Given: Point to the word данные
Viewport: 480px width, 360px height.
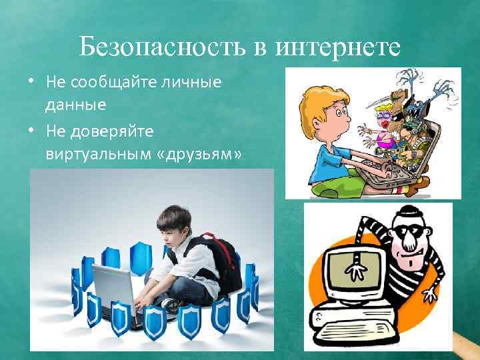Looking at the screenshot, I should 76,104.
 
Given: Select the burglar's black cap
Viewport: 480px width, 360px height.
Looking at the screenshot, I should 411,215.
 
